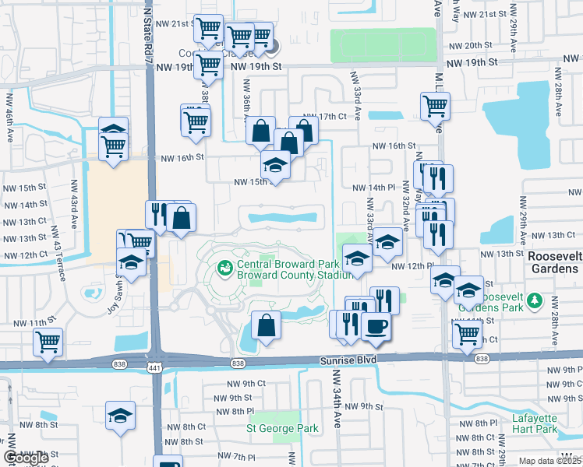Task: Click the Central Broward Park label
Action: [x=277, y=263]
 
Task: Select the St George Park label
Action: [x=281, y=428]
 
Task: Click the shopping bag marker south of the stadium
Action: [x=266, y=326]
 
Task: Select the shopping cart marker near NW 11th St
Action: [x=48, y=341]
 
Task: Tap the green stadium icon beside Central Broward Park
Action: [x=225, y=269]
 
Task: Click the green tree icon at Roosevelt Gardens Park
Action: [x=534, y=300]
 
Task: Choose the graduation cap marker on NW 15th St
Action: [x=275, y=164]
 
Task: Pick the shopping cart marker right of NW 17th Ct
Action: [x=435, y=106]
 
